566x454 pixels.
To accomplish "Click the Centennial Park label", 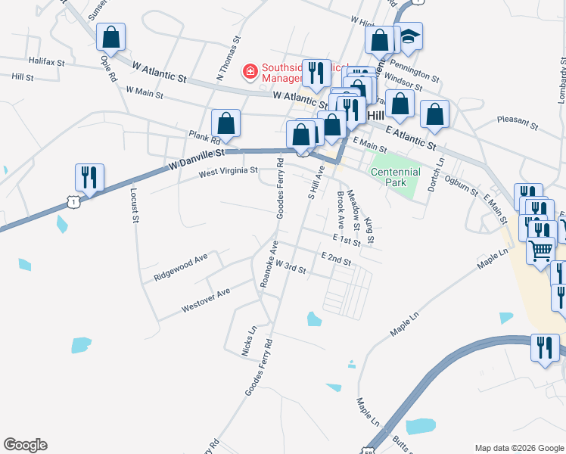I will click(x=395, y=177).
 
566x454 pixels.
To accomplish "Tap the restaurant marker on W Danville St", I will click(x=89, y=177).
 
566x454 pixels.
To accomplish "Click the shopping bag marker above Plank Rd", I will click(x=225, y=123).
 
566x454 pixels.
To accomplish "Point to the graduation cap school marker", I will click(x=409, y=36).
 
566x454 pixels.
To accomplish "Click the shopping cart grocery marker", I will click(x=540, y=250).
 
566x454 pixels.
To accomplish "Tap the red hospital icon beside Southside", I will click(x=249, y=71).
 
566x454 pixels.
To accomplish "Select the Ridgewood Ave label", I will click(x=180, y=268).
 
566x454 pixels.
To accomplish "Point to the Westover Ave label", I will click(x=205, y=300).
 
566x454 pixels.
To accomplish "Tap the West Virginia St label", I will click(x=229, y=173).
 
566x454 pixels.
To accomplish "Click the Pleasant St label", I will click(x=517, y=120).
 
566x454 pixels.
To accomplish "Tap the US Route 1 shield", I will click(x=73, y=201).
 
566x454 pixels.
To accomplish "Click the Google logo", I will click(x=25, y=445).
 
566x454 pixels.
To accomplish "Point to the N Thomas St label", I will click(x=228, y=58).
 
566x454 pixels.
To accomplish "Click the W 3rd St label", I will click(x=290, y=267).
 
